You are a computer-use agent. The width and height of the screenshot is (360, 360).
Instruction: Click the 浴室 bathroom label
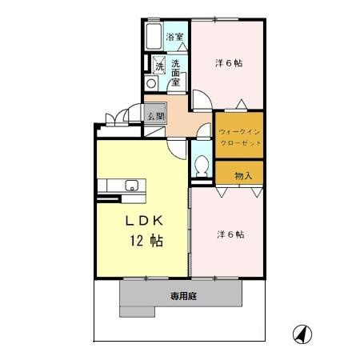click(x=174, y=37)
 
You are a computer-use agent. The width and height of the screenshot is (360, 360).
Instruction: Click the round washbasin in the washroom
click(x=151, y=82)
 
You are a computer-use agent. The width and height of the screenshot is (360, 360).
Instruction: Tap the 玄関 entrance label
click(x=155, y=115)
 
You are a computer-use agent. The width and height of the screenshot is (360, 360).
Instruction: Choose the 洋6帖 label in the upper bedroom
click(x=229, y=62)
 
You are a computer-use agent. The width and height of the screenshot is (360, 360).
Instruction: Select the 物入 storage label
click(x=243, y=175)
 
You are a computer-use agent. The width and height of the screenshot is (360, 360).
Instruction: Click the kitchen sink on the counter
click(x=131, y=187)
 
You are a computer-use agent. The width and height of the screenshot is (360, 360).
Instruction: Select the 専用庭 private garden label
click(x=184, y=295)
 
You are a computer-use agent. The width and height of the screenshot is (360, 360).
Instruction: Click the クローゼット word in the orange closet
click(x=240, y=143)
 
